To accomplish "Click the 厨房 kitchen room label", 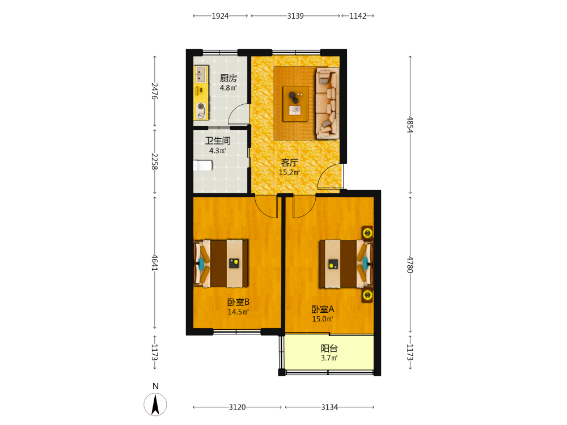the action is pyautogui.click(x=229, y=78).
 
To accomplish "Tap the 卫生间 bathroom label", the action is pyautogui.click(x=218, y=141).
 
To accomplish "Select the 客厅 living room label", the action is pyautogui.click(x=289, y=163).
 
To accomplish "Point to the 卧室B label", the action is pyautogui.click(x=238, y=302).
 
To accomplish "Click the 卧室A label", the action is pyautogui.click(x=323, y=309).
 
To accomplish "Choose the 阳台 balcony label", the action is pyautogui.click(x=329, y=348).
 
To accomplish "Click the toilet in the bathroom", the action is pyautogui.click(x=203, y=165).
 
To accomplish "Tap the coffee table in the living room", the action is pyautogui.click(x=295, y=104).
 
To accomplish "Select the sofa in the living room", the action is pyautogui.click(x=328, y=103).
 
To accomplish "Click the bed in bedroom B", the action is pyautogui.click(x=221, y=263).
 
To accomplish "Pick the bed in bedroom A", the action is pyautogui.click(x=346, y=264).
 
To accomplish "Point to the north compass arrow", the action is pyautogui.click(x=155, y=405).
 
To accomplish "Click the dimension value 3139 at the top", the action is pyautogui.click(x=295, y=16).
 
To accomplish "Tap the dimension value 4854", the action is pyautogui.click(x=410, y=125).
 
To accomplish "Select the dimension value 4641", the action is pyautogui.click(x=155, y=263).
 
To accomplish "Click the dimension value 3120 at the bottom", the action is pyautogui.click(x=237, y=407).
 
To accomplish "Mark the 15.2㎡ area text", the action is pyautogui.click(x=289, y=172).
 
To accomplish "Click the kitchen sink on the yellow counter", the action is pyautogui.click(x=201, y=74).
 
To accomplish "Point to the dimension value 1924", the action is pyautogui.click(x=220, y=16).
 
